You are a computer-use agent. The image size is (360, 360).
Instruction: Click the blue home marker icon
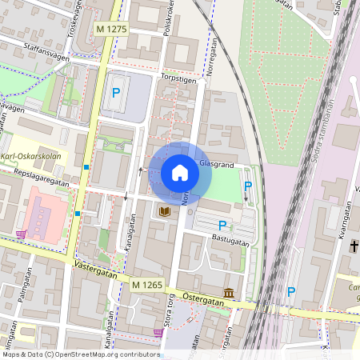coord(180,173)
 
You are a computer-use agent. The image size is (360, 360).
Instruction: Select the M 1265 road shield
coord(148,285)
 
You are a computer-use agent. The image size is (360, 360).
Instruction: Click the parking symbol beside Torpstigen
coord(116,93)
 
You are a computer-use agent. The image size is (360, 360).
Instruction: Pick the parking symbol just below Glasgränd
coord(248,186)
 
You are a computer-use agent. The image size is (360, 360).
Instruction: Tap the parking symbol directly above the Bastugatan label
coord(222,226)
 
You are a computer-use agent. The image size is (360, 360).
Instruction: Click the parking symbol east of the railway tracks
coord(291,292)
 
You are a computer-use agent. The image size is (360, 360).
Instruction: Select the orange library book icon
coord(165,211)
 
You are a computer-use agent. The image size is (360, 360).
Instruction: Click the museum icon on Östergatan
coord(230,293)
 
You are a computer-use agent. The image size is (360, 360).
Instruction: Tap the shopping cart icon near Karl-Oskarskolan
coord(20,234)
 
